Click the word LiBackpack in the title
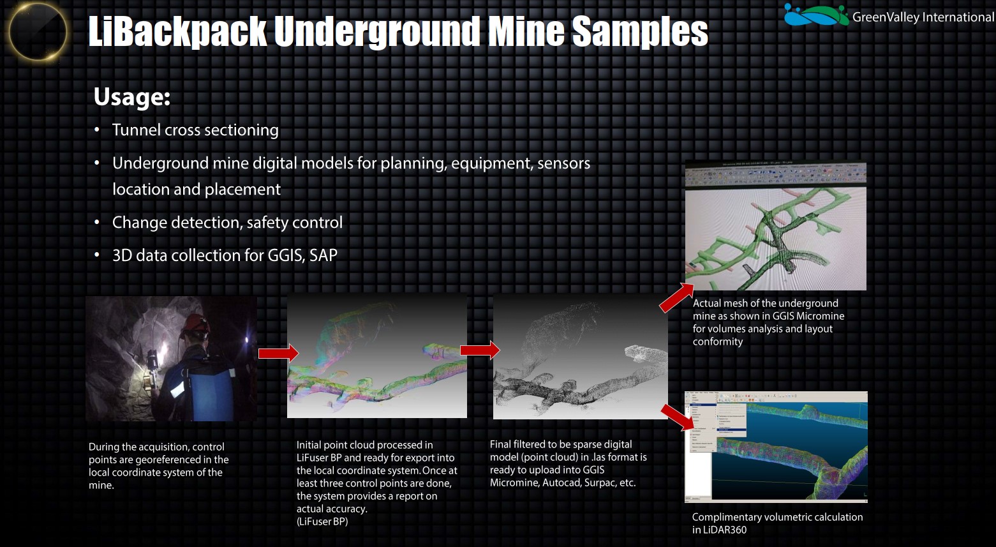177,31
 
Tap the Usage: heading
131,97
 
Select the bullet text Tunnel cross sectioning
195,130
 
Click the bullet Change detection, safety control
227,223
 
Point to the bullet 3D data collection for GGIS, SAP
225,255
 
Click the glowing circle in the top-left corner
38,31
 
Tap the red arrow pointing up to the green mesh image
676,298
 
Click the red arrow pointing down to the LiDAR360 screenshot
678,417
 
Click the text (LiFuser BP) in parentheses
322,521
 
